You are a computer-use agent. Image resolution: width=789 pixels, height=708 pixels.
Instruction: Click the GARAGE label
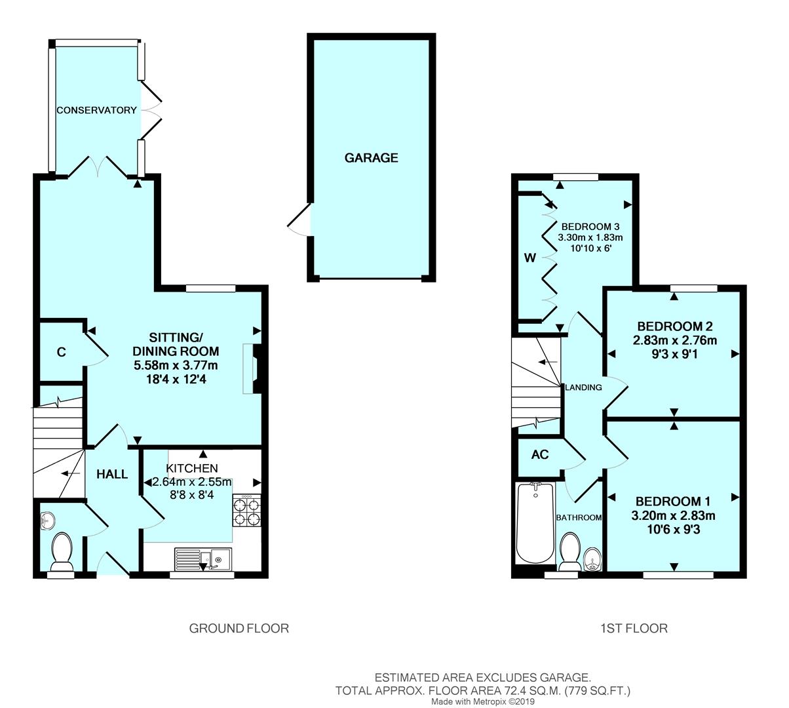371,158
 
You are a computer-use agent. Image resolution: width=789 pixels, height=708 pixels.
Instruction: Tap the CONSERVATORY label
96,110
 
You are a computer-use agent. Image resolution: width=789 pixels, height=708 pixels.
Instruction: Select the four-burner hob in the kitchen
247,511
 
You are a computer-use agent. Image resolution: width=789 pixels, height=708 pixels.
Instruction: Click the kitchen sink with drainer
203,559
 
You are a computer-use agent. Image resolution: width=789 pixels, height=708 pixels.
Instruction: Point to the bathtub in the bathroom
535,523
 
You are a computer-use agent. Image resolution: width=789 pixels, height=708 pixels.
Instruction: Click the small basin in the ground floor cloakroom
48,521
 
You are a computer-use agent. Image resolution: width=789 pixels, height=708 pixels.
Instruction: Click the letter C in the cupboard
61,352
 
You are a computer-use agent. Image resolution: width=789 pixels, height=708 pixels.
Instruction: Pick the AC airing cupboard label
540,454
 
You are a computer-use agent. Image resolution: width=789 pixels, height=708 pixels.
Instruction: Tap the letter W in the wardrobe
530,258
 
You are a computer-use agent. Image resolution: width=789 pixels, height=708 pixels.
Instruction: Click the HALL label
112,474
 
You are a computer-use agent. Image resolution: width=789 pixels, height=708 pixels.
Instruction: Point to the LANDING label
583,387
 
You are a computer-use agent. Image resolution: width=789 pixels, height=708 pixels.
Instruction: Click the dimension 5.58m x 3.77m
176,366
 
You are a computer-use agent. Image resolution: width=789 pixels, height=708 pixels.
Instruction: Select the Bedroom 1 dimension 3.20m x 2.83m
673,515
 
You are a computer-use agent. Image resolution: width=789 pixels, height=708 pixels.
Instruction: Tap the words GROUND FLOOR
239,629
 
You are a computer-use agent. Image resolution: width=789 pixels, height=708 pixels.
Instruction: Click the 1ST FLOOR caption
634,629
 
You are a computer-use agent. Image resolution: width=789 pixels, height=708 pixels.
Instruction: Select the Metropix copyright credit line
482,701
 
